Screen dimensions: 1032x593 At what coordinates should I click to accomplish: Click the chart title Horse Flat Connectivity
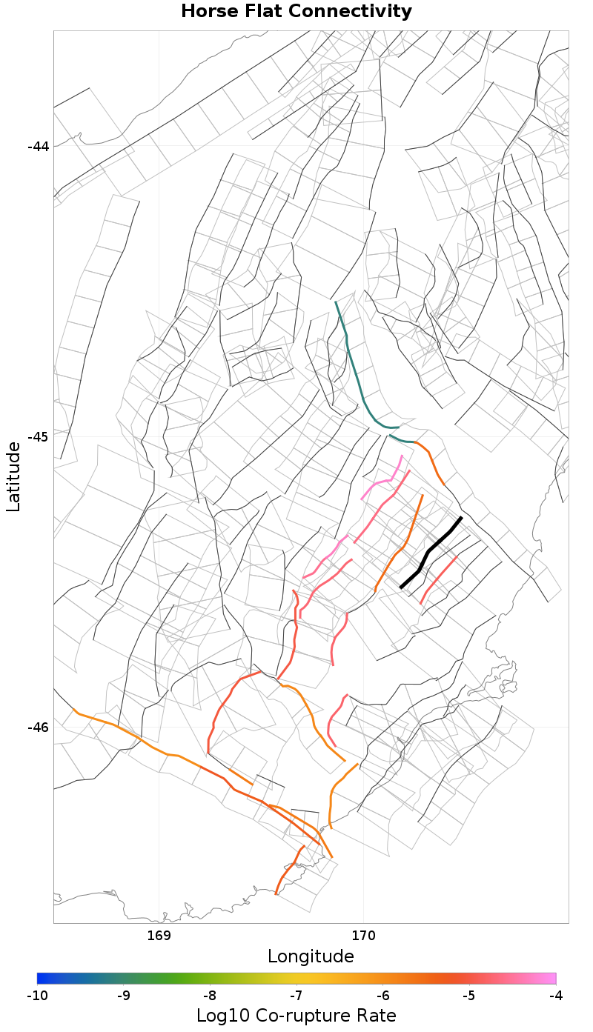296,12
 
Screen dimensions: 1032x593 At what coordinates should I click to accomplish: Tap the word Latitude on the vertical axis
13,476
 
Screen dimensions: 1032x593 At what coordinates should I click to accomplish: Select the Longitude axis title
311,956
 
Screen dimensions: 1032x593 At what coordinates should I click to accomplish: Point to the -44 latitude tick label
38,146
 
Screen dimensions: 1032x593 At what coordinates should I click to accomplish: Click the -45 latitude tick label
38,436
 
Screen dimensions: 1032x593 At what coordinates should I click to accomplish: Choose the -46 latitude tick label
38,727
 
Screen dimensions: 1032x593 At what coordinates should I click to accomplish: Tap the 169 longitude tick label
159,935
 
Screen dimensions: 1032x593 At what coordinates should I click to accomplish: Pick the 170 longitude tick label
363,935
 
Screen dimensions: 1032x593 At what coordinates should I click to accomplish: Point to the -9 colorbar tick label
124,995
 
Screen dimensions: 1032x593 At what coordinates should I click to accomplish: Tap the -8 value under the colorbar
210,995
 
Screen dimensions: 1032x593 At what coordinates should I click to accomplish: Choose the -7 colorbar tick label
296,995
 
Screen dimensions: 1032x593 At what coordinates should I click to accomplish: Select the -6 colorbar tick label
383,995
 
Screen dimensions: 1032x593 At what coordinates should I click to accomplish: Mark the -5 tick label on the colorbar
469,995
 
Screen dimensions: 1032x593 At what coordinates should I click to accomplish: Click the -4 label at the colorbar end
556,995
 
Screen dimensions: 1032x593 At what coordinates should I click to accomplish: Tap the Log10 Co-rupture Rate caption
296,1015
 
